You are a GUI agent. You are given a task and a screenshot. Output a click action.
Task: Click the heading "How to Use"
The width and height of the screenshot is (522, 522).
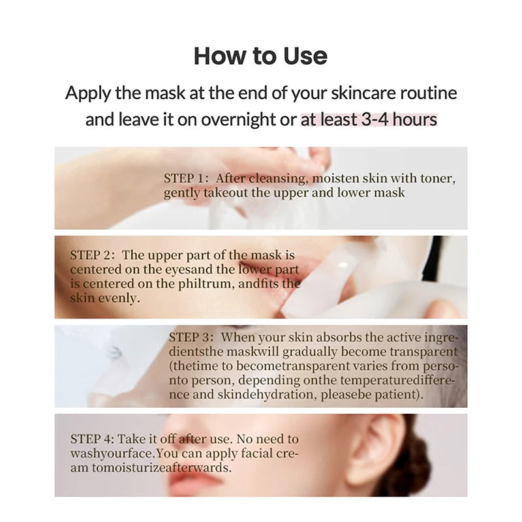[260, 56]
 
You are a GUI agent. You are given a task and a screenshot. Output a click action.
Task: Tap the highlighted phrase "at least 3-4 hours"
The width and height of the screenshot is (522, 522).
[369, 120]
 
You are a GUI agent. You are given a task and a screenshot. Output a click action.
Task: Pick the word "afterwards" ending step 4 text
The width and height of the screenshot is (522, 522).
[203, 468]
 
